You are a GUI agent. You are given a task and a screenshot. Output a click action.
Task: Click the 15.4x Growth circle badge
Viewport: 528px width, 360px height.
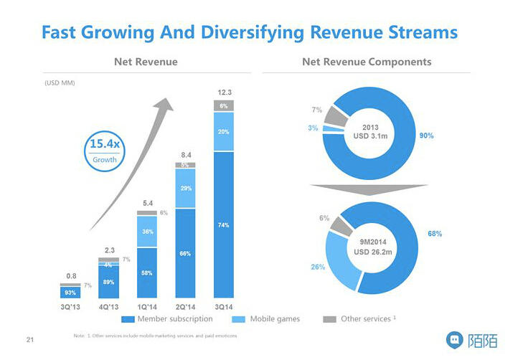coord(105,152)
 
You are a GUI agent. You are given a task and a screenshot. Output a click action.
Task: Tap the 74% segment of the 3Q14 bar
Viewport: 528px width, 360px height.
coord(223,225)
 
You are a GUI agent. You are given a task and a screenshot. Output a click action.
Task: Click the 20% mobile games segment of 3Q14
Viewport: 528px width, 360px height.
coord(223,132)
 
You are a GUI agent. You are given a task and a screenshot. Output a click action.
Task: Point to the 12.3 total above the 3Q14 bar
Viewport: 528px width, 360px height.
coord(224,93)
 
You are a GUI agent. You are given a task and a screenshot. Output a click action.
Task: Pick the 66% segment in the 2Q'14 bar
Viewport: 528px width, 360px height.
coord(185,253)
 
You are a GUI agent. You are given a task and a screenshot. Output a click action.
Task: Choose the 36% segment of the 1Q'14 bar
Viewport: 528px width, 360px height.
coord(147,232)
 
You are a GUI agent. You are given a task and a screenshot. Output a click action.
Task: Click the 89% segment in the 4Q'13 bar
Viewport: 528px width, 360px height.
coord(108,282)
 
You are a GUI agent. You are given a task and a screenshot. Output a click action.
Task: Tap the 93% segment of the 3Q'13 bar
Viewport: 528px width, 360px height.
coord(70,293)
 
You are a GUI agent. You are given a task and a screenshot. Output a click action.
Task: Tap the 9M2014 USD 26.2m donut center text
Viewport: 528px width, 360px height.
coord(371,246)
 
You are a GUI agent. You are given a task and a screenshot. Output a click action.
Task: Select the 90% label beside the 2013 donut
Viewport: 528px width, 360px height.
coord(426,135)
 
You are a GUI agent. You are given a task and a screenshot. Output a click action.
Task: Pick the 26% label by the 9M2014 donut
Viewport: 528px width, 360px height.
coord(318,267)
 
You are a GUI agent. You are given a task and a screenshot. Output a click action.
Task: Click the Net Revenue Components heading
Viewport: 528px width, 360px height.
coord(367,62)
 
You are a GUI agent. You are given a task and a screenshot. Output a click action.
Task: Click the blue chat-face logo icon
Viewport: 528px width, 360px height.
coord(454,339)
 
